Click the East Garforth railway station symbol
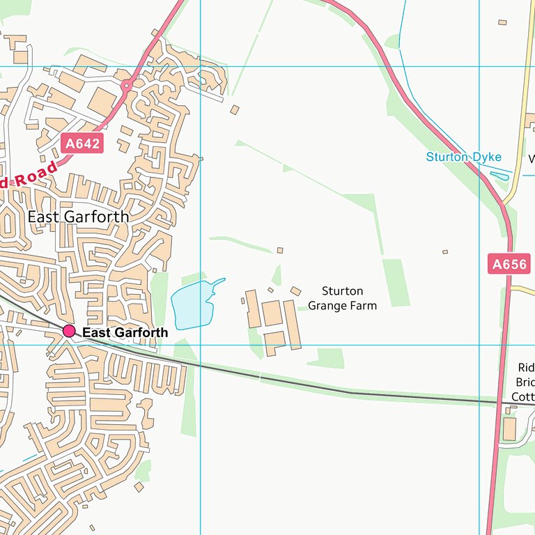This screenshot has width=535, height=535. pos(69,331)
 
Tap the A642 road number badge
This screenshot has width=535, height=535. pos(82,144)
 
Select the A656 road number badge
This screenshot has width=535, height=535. pos(510,264)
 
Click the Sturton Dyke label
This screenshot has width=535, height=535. pos(463,157)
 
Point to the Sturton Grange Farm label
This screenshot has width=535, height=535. pos(342,298)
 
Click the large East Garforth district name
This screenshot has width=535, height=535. pos(78,217)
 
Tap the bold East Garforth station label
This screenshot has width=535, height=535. pos(125,333)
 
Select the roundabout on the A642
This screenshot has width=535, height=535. pos(126,86)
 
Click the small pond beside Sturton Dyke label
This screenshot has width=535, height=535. pos(499,176)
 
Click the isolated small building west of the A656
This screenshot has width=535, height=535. pos(445,251)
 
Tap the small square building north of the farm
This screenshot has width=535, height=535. pos(280,250)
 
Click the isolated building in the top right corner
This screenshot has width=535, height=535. pos(502,22)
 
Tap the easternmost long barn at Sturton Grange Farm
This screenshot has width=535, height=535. pos(292,325)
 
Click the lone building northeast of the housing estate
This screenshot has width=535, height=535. pos(235,109)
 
